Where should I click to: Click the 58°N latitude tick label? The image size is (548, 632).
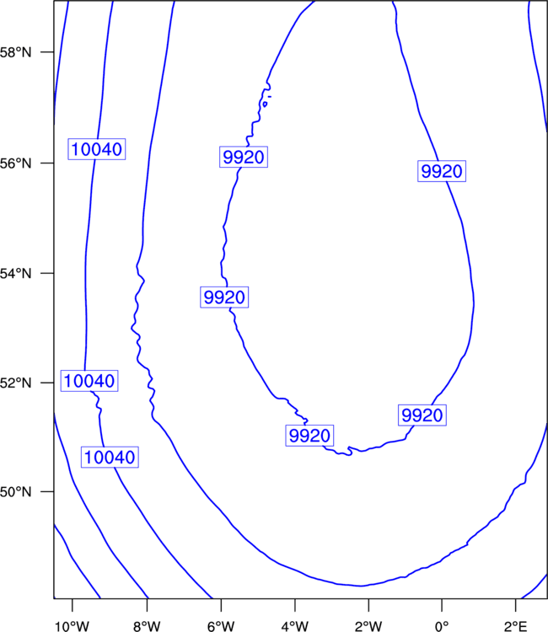coord(15,52)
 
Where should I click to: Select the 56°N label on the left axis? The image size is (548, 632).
coord(15,163)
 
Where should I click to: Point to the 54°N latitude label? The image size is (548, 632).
coord(15,274)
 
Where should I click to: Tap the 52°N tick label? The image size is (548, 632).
coord(15,383)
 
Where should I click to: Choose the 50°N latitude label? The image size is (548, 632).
coord(15,492)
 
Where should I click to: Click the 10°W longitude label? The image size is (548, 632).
coord(73,626)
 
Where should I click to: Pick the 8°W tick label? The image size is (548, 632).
coord(147,626)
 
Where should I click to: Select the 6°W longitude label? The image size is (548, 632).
coord(221,626)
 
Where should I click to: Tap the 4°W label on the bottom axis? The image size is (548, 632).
coord(295,626)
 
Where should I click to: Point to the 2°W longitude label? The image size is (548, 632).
coord(368,626)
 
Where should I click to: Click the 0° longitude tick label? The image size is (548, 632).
coord(442,626)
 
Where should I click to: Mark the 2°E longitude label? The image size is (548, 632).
coord(516,626)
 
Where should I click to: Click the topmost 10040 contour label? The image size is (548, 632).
coord(96,149)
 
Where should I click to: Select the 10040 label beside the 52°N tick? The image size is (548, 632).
coord(89,381)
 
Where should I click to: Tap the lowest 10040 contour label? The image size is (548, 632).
coord(110,457)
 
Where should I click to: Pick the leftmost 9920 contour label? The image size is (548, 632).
coord(224,297)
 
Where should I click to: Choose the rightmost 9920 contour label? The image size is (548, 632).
coord(442,171)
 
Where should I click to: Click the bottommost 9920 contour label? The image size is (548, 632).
coord(309,436)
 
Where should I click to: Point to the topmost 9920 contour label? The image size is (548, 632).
coord(244,157)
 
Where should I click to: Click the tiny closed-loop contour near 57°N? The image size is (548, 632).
coord(265,104)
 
